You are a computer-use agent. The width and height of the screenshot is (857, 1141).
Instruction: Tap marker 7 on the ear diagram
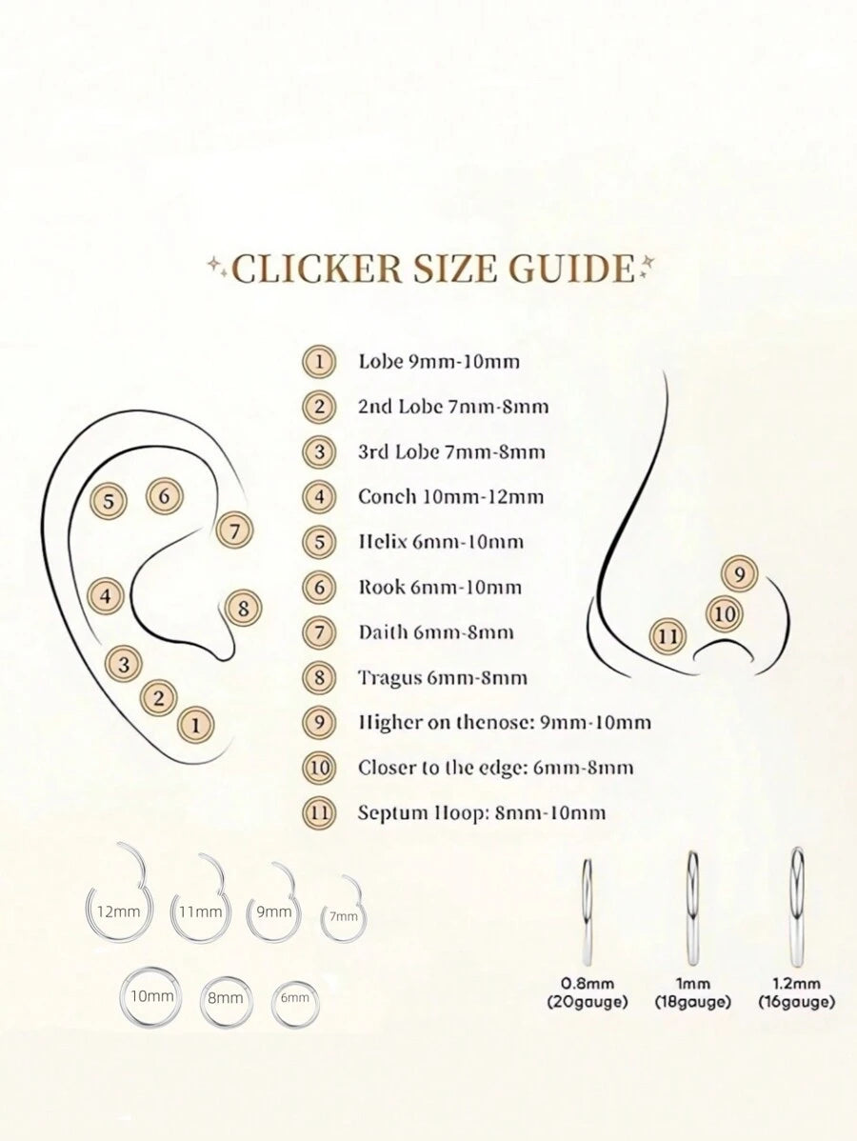[234, 531]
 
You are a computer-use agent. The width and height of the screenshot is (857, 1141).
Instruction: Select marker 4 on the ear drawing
[107, 597]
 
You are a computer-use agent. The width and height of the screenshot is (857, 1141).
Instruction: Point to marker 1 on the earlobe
[196, 725]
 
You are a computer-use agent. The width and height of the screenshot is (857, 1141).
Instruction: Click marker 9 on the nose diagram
[739, 575]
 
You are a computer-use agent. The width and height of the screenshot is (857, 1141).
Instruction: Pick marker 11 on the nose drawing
[668, 637]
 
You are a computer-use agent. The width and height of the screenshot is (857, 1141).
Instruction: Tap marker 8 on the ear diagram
[244, 608]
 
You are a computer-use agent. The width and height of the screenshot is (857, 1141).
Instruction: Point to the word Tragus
[389, 678]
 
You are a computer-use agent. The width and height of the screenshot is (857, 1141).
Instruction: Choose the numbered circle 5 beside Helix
[319, 542]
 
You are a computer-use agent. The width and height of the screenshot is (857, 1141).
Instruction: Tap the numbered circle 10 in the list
[319, 768]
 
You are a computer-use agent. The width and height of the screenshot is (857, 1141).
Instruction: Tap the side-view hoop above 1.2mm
[798, 909]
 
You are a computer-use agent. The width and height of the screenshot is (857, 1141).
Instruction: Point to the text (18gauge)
[692, 1003]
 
